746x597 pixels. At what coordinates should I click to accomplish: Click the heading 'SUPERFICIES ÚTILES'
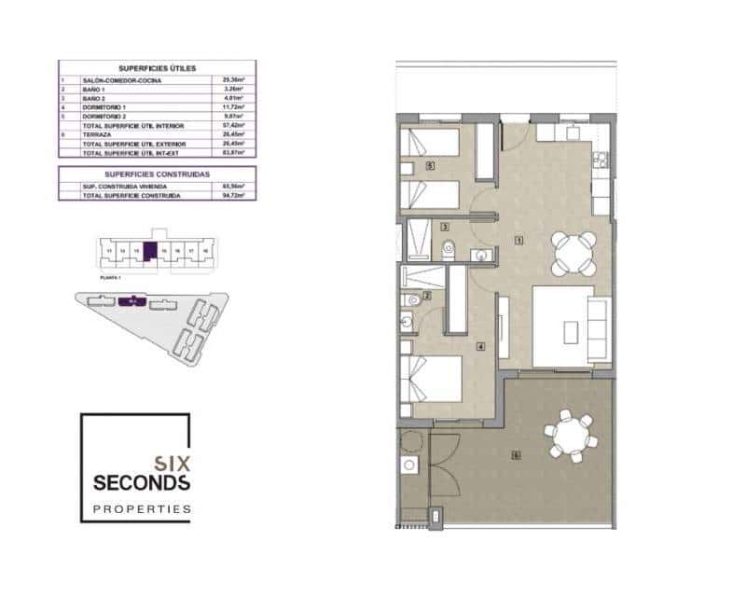[157, 69]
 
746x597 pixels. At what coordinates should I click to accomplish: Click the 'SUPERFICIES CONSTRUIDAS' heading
[157, 174]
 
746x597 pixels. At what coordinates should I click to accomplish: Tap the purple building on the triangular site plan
[131, 301]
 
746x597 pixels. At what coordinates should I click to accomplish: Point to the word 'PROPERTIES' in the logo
[143, 509]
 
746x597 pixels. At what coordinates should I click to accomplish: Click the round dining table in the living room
[573, 252]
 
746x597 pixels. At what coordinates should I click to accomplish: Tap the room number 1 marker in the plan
[518, 241]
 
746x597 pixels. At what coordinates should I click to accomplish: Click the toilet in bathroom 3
[449, 248]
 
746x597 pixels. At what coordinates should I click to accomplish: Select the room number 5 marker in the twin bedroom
[428, 167]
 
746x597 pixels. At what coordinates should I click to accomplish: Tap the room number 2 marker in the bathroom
[426, 297]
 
